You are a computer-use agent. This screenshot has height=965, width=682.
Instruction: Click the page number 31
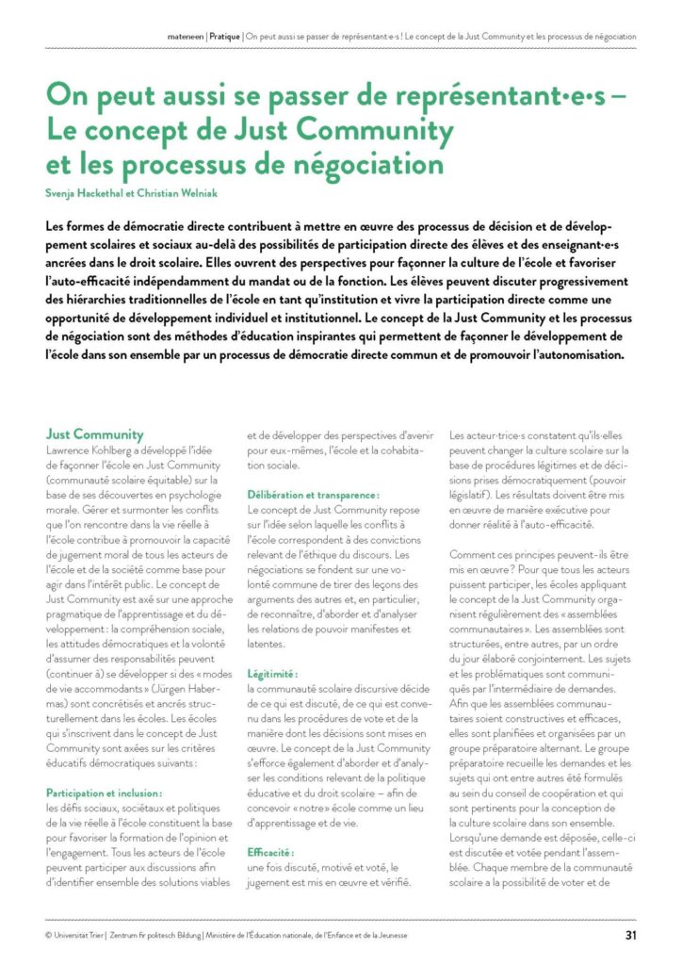click(629, 936)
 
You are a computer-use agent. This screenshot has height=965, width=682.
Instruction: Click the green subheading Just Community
click(95, 434)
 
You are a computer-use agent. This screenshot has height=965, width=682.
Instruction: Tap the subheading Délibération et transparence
click(314, 495)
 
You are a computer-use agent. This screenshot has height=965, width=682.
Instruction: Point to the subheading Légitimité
click(272, 675)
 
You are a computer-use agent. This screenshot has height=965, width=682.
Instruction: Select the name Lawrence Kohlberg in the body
click(93, 450)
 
